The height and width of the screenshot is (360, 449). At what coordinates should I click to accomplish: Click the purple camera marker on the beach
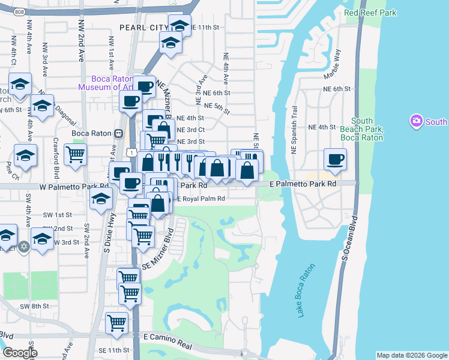coord(416,122)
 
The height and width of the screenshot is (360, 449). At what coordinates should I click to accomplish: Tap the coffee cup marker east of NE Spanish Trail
coord(336,159)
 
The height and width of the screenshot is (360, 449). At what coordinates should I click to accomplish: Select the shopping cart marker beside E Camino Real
coord(116,323)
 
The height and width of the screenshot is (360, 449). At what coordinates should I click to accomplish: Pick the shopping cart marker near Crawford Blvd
coord(76,154)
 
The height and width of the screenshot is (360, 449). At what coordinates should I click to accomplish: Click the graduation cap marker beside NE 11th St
coord(179,25)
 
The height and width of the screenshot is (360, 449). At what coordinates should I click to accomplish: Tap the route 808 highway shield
coord(19,11)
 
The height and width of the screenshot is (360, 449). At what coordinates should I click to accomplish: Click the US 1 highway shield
coord(130,154)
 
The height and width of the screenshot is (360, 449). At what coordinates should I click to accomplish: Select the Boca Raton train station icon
coord(119,133)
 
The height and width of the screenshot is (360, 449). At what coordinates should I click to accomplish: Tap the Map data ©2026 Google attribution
coord(412,355)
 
